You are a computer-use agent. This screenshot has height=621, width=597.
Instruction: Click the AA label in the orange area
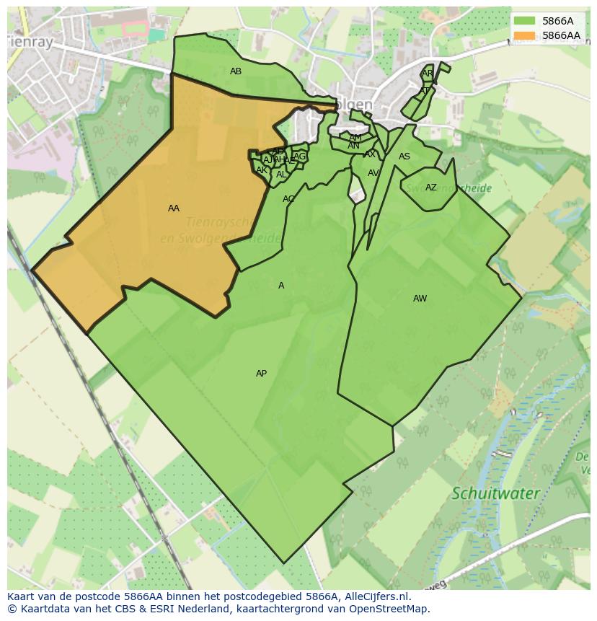click(173, 208)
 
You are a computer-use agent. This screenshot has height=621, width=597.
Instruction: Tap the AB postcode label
click(236, 71)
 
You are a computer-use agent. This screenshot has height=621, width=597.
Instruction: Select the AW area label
click(420, 299)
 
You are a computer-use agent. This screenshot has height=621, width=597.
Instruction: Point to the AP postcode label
click(261, 374)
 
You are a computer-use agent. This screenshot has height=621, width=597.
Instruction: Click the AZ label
click(430, 188)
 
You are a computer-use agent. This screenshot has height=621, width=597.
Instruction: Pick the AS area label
click(404, 157)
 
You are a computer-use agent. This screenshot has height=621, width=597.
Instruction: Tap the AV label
click(373, 173)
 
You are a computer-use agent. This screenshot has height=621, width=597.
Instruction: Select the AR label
click(428, 74)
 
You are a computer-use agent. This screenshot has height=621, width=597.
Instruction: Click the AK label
click(262, 170)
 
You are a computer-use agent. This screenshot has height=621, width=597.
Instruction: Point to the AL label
click(281, 175)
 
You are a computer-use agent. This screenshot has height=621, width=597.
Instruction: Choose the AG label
click(299, 157)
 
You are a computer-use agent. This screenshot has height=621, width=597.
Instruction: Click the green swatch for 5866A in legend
click(524, 21)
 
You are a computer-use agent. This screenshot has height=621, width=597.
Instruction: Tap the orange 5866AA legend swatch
click(524, 35)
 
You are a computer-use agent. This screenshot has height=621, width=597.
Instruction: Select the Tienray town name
click(30, 43)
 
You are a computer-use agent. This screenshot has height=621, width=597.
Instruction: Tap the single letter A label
click(281, 286)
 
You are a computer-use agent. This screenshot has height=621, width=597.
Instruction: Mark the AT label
click(424, 91)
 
